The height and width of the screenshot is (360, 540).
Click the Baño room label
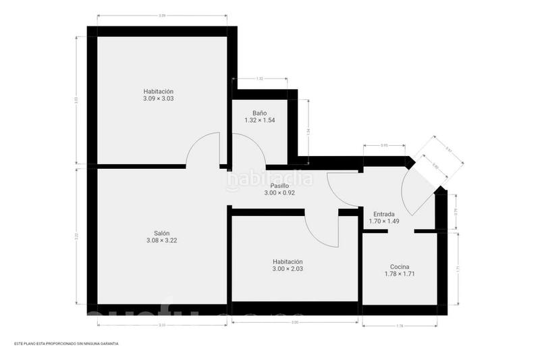click(x=260, y=113)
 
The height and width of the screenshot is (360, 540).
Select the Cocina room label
click(x=400, y=266)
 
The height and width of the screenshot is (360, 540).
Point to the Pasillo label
click(x=279, y=185)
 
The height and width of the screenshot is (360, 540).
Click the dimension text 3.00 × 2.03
click(x=288, y=269)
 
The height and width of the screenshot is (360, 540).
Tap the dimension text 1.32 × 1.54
click(x=260, y=120)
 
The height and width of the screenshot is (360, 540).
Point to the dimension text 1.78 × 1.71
click(x=400, y=274)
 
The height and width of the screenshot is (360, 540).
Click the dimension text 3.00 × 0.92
click(x=279, y=192)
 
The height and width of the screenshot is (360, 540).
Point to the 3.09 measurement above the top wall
click(x=162, y=15)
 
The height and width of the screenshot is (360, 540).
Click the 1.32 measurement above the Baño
click(x=260, y=79)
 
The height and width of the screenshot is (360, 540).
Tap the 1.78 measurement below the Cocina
click(x=400, y=326)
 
